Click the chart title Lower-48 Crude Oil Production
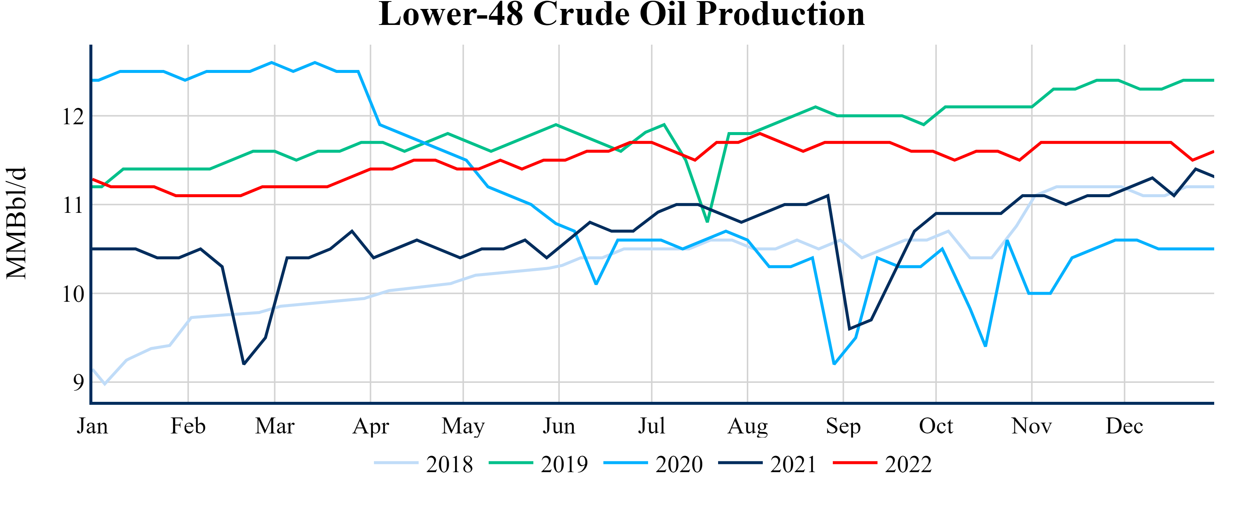pos(622,15)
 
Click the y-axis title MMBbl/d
pos(16,223)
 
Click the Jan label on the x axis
pos(92,426)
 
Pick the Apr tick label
pos(370,426)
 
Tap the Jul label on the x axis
pos(651,426)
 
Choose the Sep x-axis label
pos(843,426)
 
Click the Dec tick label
pos(1124,426)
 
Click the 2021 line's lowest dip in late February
pos(244,364)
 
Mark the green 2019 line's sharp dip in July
pos(707,221)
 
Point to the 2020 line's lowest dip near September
pos(834,364)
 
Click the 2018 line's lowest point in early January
pos(105,384)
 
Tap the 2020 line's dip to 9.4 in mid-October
pos(985,346)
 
